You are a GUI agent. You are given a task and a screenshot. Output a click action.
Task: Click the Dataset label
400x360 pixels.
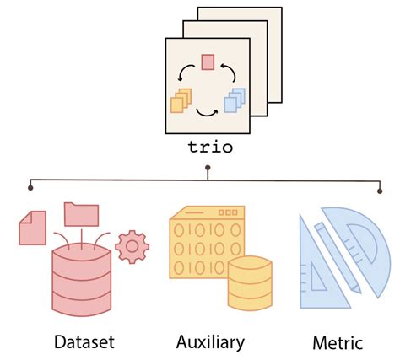click(x=84, y=342)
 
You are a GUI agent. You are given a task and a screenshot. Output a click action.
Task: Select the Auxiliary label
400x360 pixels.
click(x=210, y=342)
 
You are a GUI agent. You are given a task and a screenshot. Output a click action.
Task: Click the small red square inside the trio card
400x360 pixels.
click(x=208, y=62)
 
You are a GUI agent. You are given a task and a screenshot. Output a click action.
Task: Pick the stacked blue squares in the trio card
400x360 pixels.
click(x=234, y=100)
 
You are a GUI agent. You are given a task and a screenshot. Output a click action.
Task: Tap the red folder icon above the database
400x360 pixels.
click(x=83, y=214)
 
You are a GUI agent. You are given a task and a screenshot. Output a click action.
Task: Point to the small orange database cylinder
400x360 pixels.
click(x=251, y=282)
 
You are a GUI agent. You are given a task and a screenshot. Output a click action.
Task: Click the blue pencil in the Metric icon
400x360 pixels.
click(x=338, y=253)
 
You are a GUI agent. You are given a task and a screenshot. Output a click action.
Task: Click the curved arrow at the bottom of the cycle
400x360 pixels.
click(x=208, y=110)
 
